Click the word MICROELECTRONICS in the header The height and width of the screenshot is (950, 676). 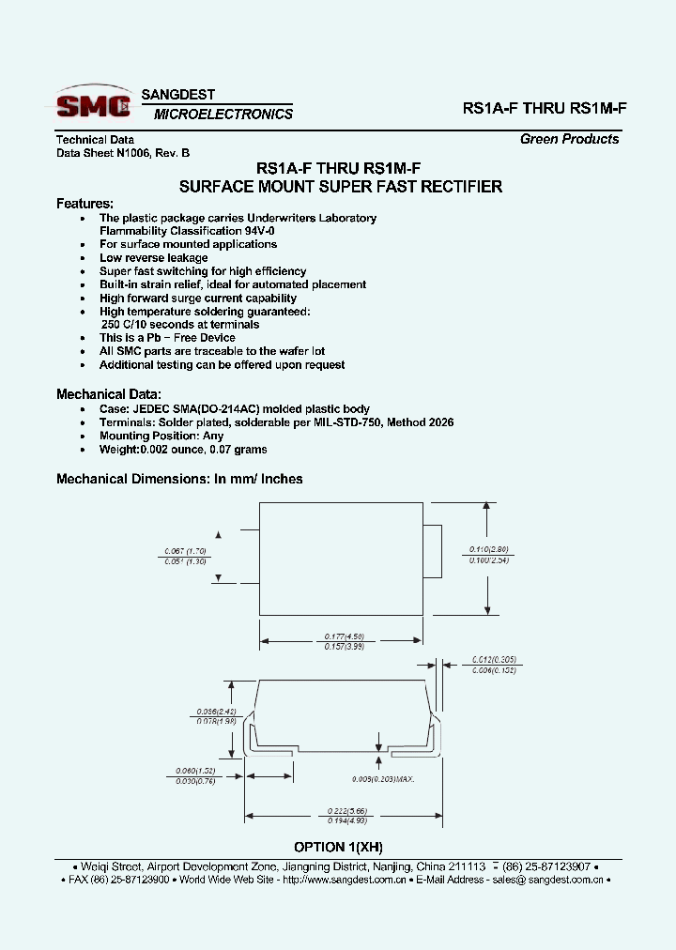(223, 115)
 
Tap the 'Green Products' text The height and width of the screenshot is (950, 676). (569, 139)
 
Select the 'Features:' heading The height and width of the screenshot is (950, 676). (85, 203)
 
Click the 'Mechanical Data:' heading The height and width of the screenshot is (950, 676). (109, 394)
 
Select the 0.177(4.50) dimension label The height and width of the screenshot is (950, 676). (340, 636)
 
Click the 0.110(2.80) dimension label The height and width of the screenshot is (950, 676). (488, 549)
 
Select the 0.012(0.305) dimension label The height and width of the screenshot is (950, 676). (494, 660)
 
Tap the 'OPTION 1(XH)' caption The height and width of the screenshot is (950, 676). (338, 846)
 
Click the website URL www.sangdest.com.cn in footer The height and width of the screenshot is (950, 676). (344, 880)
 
